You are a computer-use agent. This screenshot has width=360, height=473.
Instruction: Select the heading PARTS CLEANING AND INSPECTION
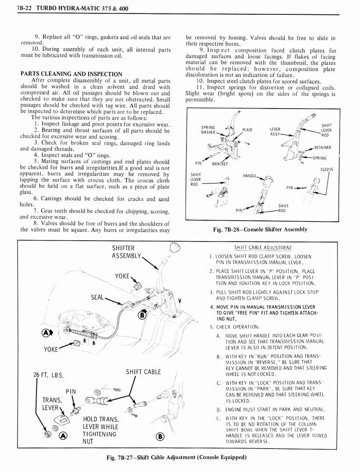72,74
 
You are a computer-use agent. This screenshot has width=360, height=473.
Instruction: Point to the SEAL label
97,297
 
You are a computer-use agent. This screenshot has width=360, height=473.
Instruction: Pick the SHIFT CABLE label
143,372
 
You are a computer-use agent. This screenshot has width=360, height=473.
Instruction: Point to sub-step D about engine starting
270,409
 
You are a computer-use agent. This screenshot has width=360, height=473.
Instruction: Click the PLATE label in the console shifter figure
247,130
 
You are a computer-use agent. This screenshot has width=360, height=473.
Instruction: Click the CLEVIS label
326,169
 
